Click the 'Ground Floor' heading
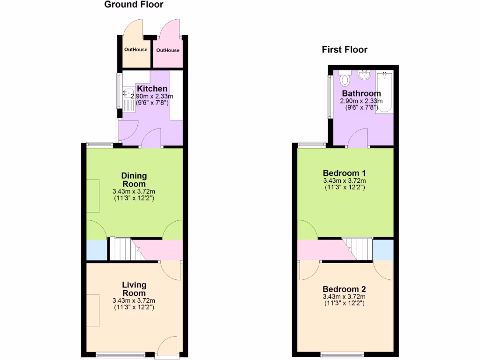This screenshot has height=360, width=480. click(134, 5)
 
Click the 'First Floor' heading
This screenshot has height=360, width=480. click(345, 50)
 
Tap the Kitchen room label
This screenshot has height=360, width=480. click(152, 89)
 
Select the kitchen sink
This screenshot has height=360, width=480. click(128, 93)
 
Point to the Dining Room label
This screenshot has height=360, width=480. click(134, 180)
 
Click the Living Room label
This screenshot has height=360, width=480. click(134, 289)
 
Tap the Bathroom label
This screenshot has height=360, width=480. click(361, 94)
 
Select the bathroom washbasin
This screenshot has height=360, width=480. click(364, 75)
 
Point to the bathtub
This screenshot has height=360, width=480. click(386, 92)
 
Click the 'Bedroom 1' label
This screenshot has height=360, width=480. click(344, 172)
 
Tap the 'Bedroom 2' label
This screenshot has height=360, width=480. click(344, 289)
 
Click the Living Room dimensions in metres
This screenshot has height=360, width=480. click(134, 301)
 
